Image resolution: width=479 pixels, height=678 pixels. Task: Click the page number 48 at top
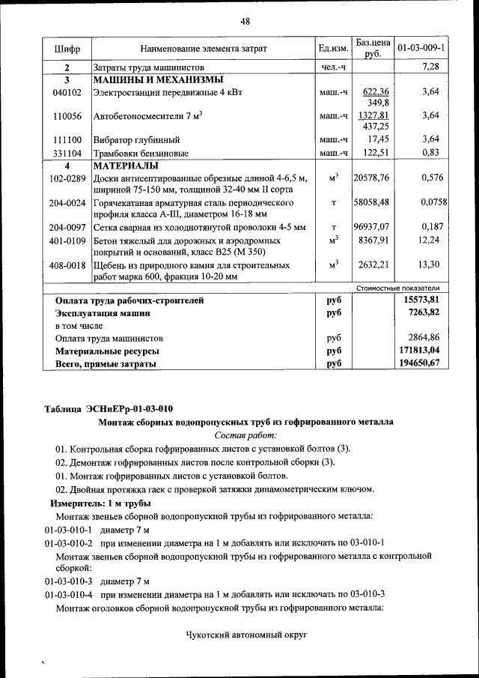pyautogui.click(x=244, y=21)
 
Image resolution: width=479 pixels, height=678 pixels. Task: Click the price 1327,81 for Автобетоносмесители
pyautogui.click(x=373, y=116)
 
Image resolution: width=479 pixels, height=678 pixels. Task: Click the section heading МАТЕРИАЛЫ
pyautogui.click(x=125, y=166)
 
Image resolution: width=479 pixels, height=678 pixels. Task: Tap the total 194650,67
pyautogui.click(x=420, y=363)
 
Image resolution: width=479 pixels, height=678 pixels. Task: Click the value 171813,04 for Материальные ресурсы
pyautogui.click(x=420, y=351)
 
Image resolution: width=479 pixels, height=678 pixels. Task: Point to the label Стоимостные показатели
pyautogui.click(x=398, y=288)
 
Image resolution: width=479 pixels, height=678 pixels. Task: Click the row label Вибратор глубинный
pyautogui.click(x=136, y=140)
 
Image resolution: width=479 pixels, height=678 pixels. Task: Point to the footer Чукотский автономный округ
pyautogui.click(x=247, y=635)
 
